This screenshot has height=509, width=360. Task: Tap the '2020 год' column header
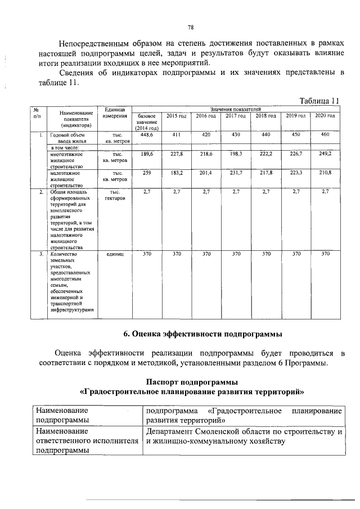[325, 116]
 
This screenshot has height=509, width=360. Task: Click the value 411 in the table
[176, 135]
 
